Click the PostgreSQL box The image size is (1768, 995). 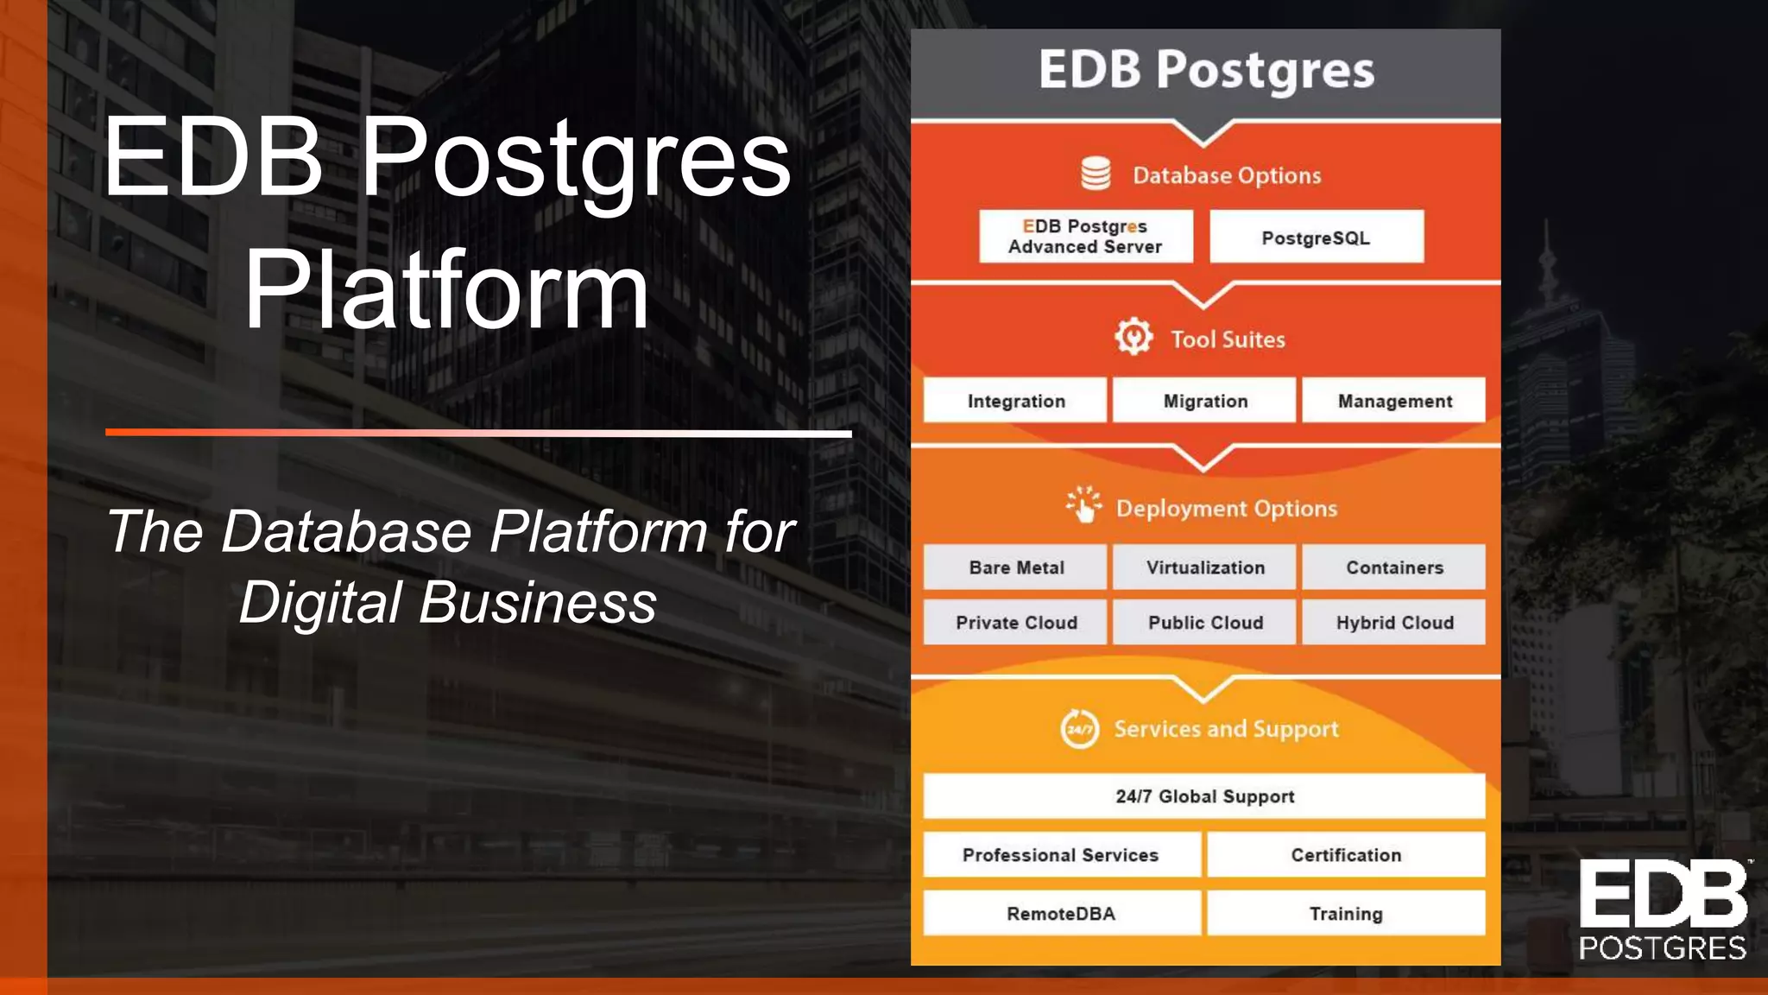[1316, 237]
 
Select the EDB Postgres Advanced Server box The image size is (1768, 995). [1085, 237]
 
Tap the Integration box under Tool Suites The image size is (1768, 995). [1015, 400]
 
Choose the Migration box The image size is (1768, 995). [1205, 400]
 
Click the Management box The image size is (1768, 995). [1394, 400]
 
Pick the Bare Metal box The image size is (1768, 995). [1015, 567]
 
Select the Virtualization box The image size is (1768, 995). [1205, 567]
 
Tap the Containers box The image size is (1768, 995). [1394, 567]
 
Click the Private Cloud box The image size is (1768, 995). [1015, 622]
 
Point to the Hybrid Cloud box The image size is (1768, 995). [1394, 622]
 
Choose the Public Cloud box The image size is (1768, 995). [1205, 622]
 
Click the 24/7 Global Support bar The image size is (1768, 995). [1204, 795]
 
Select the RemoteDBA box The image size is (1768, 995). [1061, 913]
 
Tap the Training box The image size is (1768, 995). [1346, 913]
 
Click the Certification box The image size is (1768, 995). [1346, 854]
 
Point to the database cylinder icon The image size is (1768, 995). [1096, 174]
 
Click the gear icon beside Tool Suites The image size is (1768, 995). [1133, 337]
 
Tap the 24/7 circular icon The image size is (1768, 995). [1079, 729]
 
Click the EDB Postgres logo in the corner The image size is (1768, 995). [1663, 910]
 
